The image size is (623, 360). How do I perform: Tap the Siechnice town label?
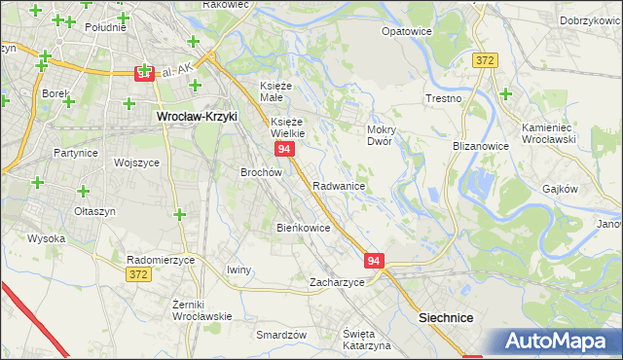[x=446, y=317]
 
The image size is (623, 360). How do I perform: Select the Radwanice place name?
[x=339, y=185]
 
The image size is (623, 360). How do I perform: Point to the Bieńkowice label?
[x=304, y=228]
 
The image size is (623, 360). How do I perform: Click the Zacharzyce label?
[x=337, y=282]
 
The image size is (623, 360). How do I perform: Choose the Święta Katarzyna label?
[x=367, y=340]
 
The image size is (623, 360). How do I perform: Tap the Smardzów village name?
[x=281, y=334]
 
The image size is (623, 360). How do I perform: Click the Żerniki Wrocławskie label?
[x=202, y=310]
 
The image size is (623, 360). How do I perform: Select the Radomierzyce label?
[x=162, y=260]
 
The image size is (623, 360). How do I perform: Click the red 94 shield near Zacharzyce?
[x=376, y=261]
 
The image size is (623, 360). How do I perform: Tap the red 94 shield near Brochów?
[x=283, y=149]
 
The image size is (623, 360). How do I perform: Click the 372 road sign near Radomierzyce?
[x=138, y=276]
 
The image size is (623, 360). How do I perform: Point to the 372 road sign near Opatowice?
[x=486, y=60]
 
